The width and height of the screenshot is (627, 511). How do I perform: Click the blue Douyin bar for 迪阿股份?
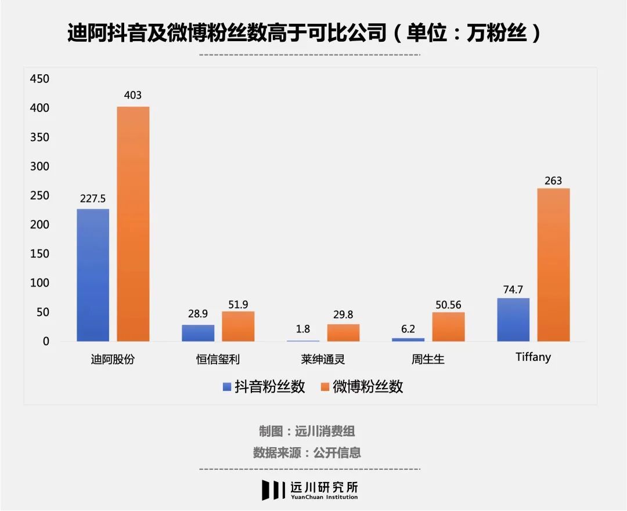point(93,275)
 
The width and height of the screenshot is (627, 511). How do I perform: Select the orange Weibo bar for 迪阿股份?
point(133,224)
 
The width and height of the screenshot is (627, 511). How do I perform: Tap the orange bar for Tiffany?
point(553,264)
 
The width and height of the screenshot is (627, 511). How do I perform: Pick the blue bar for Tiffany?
point(513,320)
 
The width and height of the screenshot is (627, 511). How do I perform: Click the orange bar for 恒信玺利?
point(238,326)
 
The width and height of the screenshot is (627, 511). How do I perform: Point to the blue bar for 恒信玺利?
point(198,333)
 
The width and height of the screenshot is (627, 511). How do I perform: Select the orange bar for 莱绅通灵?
point(343,332)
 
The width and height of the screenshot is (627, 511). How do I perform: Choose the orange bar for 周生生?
point(448,327)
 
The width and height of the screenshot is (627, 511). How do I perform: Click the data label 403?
point(133,95)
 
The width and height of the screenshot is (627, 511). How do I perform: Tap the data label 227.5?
point(93,198)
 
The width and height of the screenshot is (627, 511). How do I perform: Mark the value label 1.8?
point(303,329)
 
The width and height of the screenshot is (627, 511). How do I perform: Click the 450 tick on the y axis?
point(39,79)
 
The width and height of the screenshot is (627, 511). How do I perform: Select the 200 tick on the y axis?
point(39,224)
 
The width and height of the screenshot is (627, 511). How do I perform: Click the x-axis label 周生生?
point(428,359)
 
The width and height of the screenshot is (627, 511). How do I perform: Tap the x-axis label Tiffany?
point(533,357)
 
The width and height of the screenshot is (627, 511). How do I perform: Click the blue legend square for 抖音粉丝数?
point(227,387)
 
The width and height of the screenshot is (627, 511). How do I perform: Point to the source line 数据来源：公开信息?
point(307,452)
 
